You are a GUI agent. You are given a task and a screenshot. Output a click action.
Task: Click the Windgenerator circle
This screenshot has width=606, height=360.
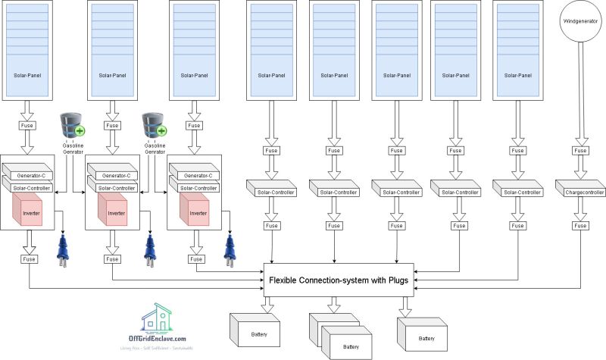point(579,21)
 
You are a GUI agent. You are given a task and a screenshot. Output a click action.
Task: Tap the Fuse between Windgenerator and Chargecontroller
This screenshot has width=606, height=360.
point(579,151)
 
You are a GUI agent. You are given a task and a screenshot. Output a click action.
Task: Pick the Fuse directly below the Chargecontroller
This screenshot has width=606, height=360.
point(579,225)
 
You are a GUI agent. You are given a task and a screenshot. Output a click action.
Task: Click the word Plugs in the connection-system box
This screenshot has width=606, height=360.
point(396,281)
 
